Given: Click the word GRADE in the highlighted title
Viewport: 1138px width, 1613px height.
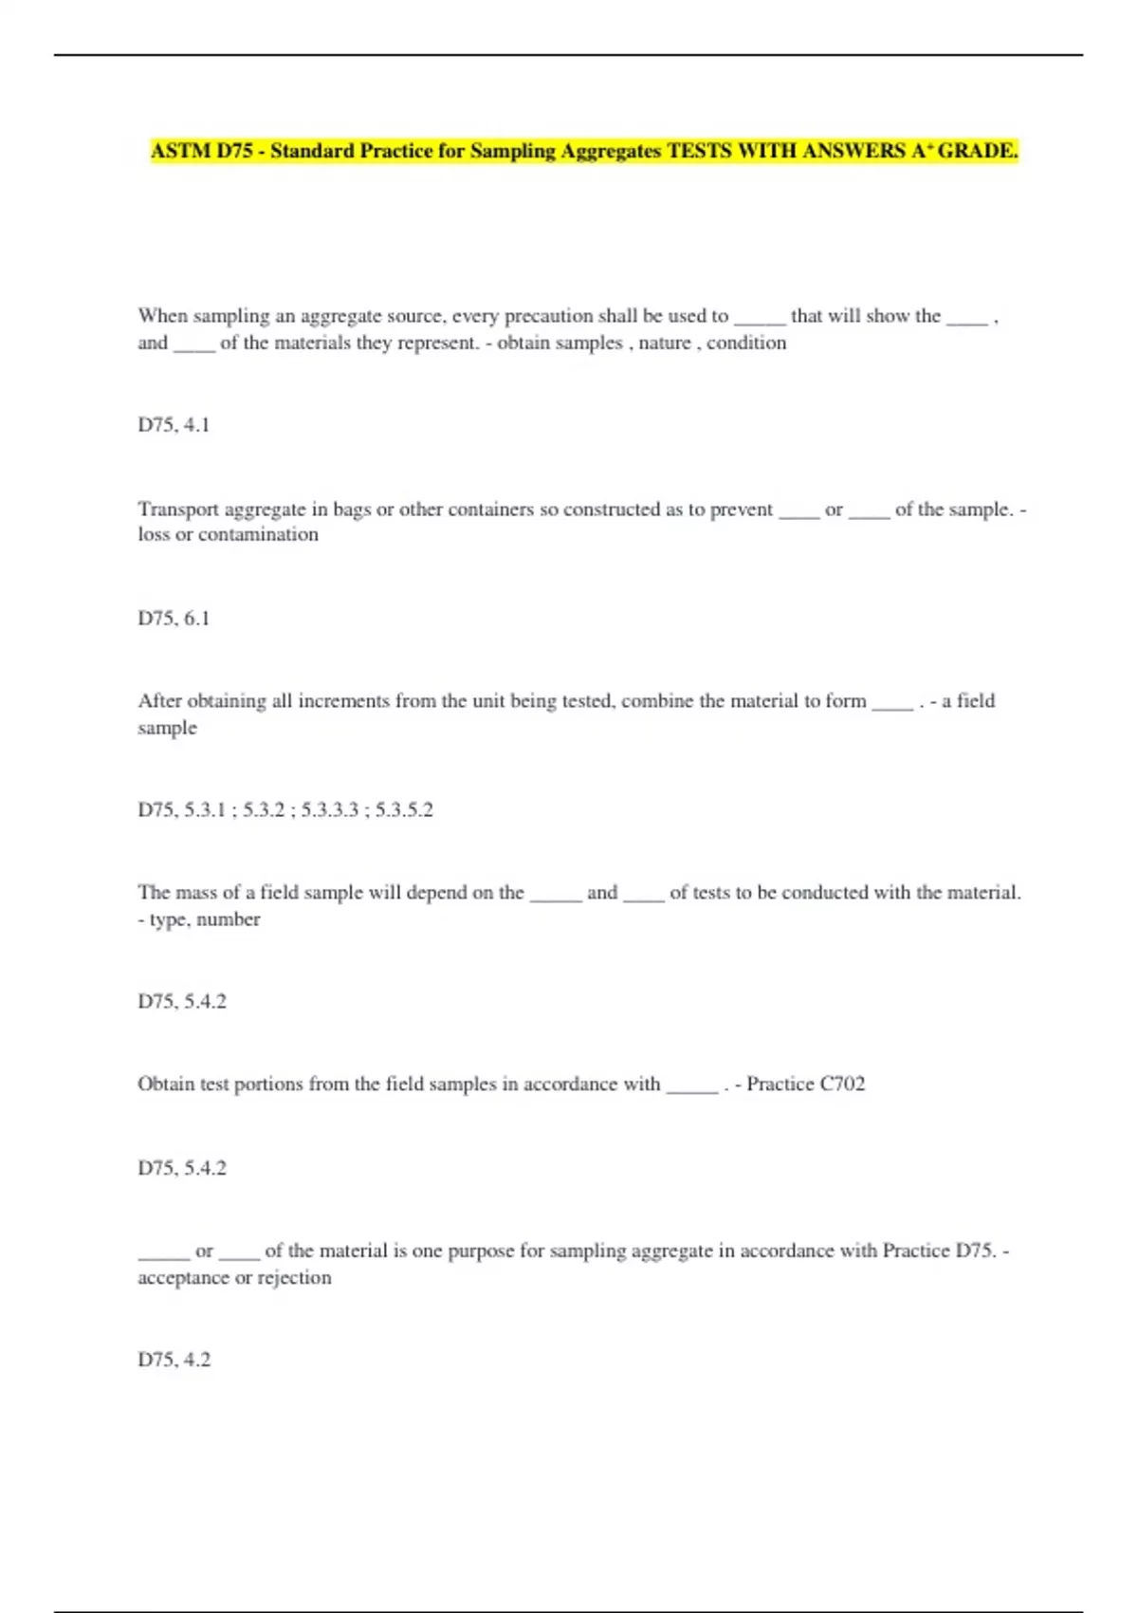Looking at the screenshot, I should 978,151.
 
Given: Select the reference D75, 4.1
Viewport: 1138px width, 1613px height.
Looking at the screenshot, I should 174,425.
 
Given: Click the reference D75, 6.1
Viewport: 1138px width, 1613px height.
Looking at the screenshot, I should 174,619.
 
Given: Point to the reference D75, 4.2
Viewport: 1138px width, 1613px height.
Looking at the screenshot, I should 174,1360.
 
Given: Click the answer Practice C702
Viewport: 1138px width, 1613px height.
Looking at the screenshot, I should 805,1084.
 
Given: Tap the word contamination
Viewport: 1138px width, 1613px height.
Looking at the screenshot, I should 258,534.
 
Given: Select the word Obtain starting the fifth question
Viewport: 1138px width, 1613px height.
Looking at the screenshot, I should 165,1084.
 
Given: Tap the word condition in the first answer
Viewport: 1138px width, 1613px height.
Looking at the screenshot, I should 746,343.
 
